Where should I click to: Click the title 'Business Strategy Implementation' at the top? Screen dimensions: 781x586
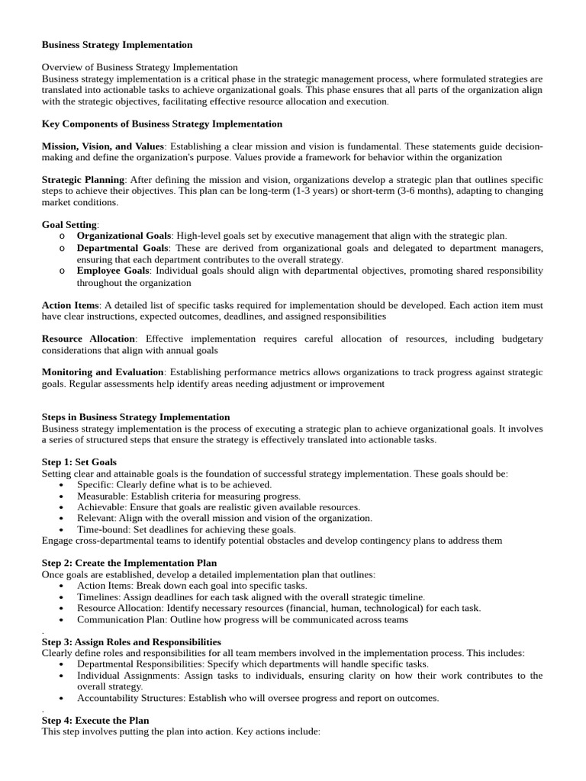(117, 45)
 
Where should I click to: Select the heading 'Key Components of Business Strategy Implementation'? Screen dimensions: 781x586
(162, 124)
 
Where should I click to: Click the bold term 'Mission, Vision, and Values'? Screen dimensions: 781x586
(102, 146)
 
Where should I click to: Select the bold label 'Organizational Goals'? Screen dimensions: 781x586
(124, 236)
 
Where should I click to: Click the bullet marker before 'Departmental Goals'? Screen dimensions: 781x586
(61, 249)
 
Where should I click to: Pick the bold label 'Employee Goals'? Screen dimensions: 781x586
(112, 271)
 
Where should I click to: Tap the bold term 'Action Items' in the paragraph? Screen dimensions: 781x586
(70, 305)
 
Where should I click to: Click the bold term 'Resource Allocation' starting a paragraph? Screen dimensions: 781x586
(89, 339)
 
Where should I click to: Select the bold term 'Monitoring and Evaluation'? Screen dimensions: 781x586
(102, 372)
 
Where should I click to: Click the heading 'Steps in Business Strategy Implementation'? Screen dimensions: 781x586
(135, 417)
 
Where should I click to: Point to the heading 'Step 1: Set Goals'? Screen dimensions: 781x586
(79, 462)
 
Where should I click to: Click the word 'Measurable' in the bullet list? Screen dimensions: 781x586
(101, 496)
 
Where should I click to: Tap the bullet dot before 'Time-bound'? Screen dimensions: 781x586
(61, 529)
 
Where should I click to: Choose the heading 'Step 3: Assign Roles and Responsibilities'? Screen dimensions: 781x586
(131, 642)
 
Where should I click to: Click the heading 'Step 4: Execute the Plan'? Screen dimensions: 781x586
(95, 720)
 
